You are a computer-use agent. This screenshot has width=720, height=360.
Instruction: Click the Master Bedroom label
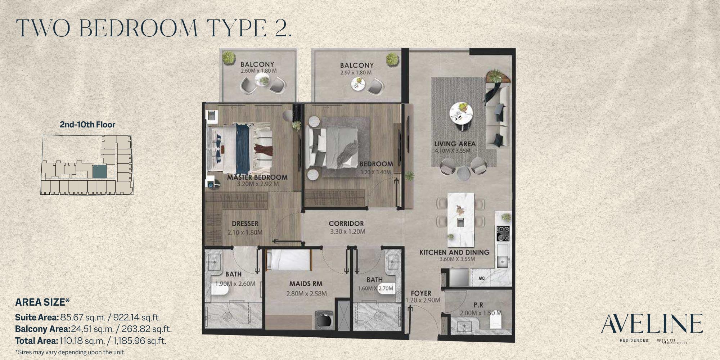click(x=257, y=177)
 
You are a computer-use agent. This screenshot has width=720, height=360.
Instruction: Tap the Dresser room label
click(x=245, y=224)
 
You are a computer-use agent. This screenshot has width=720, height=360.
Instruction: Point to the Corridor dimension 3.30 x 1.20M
click(x=347, y=231)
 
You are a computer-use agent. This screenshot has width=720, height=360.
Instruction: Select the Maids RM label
click(x=306, y=284)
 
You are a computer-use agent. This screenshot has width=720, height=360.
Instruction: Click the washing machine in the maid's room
click(x=325, y=320)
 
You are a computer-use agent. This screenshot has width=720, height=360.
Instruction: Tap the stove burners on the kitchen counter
click(x=503, y=233)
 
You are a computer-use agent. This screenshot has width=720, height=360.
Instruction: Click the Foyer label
click(x=421, y=293)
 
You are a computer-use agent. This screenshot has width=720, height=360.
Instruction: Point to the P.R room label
click(x=478, y=305)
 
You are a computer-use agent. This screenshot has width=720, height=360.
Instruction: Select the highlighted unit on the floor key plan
click(x=100, y=171)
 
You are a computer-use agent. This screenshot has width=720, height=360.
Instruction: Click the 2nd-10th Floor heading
click(x=87, y=125)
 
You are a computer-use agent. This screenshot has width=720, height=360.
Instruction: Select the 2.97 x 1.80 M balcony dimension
click(x=356, y=72)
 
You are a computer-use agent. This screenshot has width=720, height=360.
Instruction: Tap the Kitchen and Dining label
click(x=454, y=252)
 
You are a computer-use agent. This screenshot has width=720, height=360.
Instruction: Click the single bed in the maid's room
click(x=288, y=260)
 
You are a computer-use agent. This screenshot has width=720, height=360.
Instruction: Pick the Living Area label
click(x=455, y=144)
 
